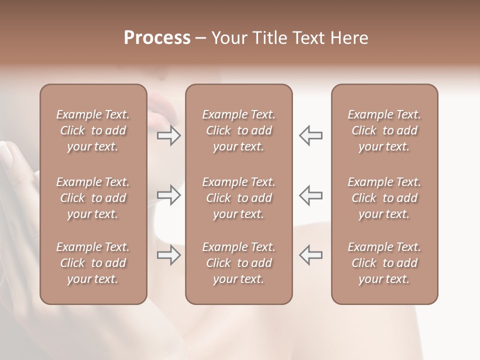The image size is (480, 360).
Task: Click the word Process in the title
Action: pos(157,38)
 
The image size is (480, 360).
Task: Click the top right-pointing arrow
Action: pos(169,135)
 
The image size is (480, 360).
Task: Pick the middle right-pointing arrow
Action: pos(169,195)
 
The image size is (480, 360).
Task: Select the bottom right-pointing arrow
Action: pos(169,255)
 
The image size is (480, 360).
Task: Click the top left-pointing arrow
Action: pos(310,135)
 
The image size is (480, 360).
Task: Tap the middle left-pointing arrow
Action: pos(310,195)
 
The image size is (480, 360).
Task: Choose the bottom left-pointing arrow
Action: pos(310,255)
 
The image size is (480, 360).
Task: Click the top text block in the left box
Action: pos(93,130)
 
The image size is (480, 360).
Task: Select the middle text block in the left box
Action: pos(93,198)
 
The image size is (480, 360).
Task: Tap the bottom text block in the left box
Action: pos(93,263)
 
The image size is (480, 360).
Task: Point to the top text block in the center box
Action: pos(238,130)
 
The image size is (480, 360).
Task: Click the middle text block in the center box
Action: pos(238,198)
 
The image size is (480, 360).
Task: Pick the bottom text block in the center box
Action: pos(238,263)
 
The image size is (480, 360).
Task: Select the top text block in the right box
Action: pos(384,130)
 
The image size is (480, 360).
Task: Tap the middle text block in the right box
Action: pos(384,198)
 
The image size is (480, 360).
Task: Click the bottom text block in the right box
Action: pos(384,263)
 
